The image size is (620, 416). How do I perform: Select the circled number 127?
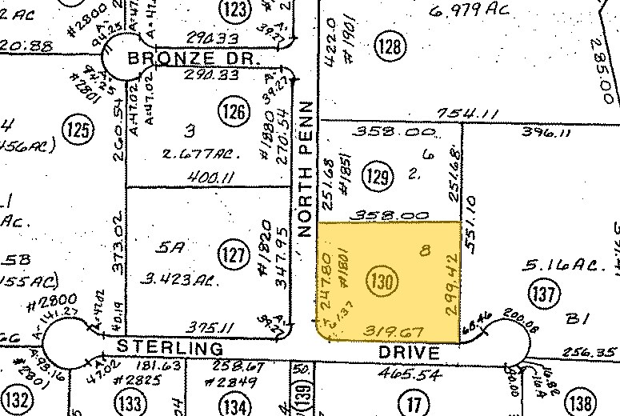pyautogui.click(x=231, y=255)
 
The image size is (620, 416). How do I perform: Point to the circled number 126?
pyautogui.click(x=235, y=111)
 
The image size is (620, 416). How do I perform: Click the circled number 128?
pyautogui.click(x=390, y=48)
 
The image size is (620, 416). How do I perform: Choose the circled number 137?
pyautogui.click(x=544, y=294)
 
